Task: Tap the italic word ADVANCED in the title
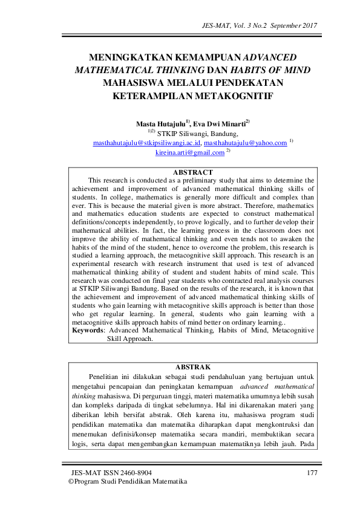pyautogui.click(x=269, y=57)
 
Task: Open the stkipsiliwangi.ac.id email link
pyautogui.click(x=147, y=143)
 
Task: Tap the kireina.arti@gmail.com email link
pyautogui.click(x=189, y=153)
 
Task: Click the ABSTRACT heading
pyautogui.click(x=193, y=173)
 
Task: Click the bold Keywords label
pyautogui.click(x=88, y=331)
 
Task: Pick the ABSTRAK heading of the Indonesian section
pyautogui.click(x=193, y=367)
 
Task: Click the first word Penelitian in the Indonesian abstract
pyautogui.click(x=108, y=377)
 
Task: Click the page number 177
pyautogui.click(x=312, y=472)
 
